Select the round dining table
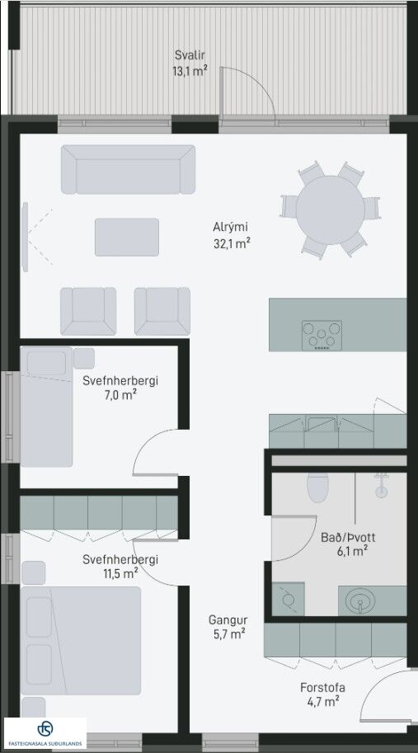click(x=330, y=209)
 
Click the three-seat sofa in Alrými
click(x=128, y=170)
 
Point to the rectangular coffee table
click(x=127, y=238)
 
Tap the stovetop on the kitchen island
click(x=322, y=335)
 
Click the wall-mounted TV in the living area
click(x=25, y=237)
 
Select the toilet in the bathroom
click(x=317, y=487)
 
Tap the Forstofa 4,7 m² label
click(x=322, y=694)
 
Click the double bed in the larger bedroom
click(x=81, y=640)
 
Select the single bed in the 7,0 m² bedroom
click(x=46, y=407)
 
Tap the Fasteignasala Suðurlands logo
click(x=45, y=733)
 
